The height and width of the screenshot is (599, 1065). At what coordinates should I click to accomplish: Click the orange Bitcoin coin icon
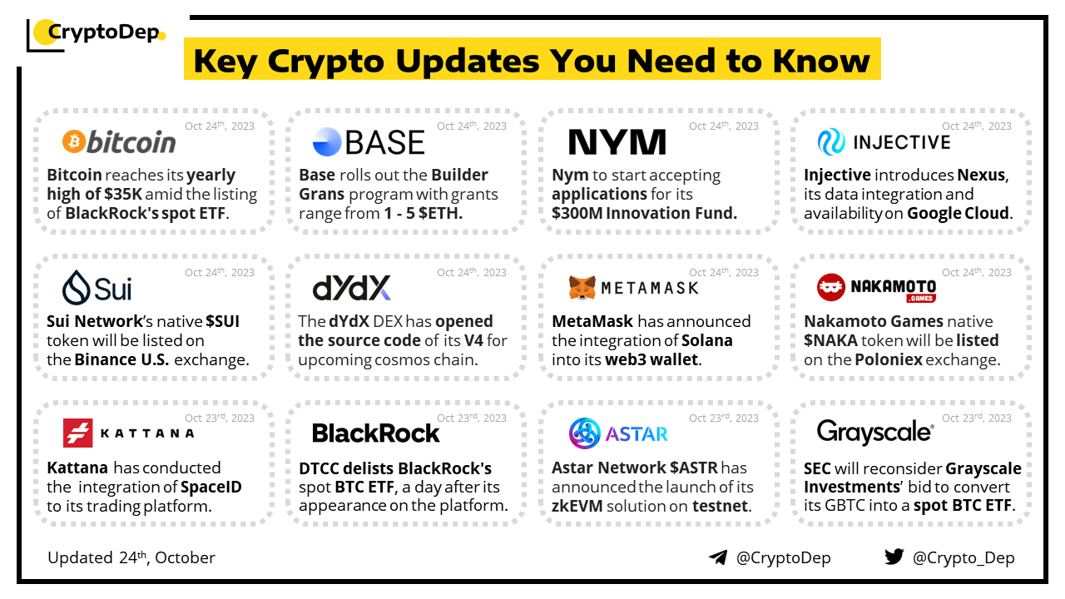(74, 141)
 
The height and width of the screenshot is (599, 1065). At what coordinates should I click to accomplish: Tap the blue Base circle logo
(327, 141)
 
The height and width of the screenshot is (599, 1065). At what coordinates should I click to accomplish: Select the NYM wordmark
(617, 141)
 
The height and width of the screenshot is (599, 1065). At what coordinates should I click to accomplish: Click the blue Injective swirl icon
(831, 141)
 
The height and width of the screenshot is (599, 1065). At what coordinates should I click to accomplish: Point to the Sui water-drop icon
(76, 288)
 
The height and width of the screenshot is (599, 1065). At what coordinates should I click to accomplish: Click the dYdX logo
(351, 288)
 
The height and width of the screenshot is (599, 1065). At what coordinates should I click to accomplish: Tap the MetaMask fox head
(582, 288)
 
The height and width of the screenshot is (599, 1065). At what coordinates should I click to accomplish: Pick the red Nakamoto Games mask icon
(830, 287)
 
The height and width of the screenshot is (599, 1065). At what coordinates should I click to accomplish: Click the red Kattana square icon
(78, 433)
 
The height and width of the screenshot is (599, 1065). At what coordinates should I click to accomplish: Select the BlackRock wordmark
(375, 433)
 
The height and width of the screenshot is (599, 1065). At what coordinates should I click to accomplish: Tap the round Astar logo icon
(584, 433)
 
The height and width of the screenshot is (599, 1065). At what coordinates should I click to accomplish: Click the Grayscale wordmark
(875, 432)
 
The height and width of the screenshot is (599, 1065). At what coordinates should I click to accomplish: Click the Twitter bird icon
(894, 557)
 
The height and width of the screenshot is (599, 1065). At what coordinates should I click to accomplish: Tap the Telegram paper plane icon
(718, 557)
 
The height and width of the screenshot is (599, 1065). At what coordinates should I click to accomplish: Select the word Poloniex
(889, 360)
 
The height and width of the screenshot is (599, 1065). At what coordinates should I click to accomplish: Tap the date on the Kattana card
(220, 418)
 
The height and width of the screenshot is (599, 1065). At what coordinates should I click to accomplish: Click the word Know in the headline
(821, 61)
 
